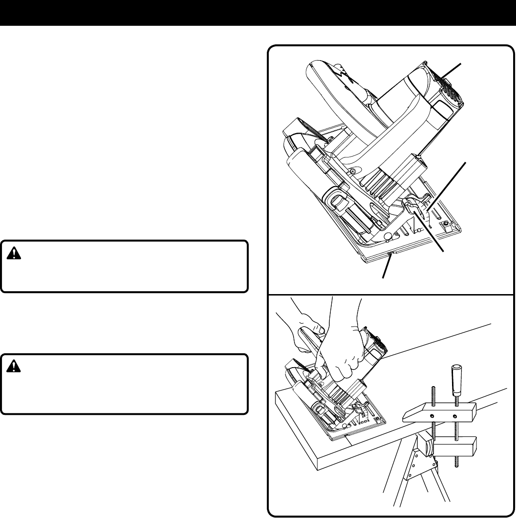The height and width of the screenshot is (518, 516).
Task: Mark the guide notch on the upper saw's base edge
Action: click(391, 255)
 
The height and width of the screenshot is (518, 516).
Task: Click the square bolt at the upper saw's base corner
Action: click(446, 223)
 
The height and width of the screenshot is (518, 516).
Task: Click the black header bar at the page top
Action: click(258, 12)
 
